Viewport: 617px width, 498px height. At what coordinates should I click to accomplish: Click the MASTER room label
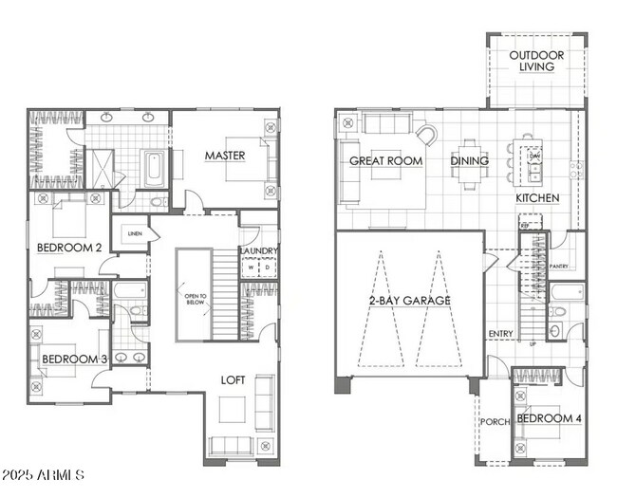click(225, 156)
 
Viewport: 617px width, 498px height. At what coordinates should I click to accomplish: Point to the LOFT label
click(233, 380)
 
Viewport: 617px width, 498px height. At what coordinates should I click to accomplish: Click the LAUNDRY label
click(258, 251)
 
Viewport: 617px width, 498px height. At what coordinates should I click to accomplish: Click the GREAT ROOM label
click(384, 160)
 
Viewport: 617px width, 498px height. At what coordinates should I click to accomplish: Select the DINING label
click(470, 160)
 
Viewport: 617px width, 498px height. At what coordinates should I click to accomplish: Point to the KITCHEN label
click(537, 198)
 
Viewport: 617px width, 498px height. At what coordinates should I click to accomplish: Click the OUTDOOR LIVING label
click(536, 62)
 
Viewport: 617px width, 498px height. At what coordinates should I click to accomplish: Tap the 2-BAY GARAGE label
click(409, 301)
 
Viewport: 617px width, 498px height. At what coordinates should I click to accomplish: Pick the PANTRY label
click(559, 267)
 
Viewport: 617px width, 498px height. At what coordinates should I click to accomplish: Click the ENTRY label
click(500, 334)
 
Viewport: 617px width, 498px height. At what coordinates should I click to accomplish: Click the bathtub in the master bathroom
click(153, 169)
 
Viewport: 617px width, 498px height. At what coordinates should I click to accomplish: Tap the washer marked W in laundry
click(252, 267)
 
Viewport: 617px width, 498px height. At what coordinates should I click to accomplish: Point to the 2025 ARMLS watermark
click(44, 473)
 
